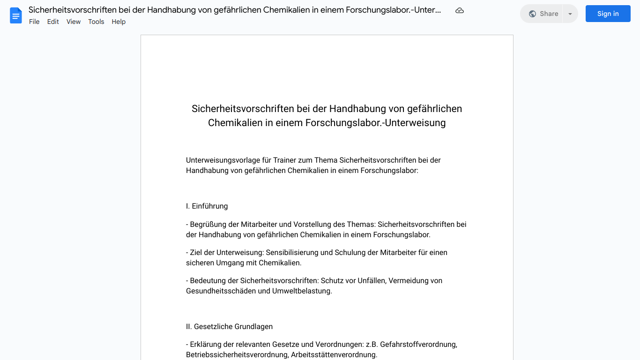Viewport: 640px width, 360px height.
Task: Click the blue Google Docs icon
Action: (x=16, y=15)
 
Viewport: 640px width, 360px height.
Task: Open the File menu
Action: (x=34, y=22)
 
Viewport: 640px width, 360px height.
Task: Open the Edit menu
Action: (x=53, y=22)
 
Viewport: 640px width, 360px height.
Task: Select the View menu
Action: (x=74, y=22)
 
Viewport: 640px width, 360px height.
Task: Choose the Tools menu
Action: (x=96, y=22)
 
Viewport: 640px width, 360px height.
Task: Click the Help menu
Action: (x=119, y=22)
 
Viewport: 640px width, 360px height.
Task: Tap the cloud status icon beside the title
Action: (x=460, y=11)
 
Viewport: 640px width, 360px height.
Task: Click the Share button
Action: (x=543, y=14)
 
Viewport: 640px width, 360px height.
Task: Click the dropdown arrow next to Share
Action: (x=570, y=14)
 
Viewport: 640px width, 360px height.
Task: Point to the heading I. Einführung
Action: (x=207, y=206)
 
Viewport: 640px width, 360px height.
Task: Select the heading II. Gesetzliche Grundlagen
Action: (x=229, y=327)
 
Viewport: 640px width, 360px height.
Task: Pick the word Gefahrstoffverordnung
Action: (x=418, y=345)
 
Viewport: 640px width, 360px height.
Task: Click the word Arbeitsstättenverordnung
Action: (x=334, y=355)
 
